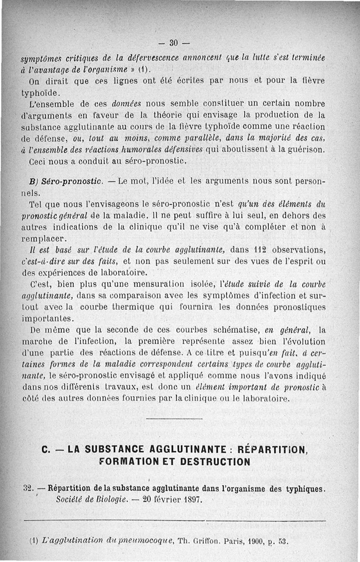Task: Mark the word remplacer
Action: click(x=44, y=237)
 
